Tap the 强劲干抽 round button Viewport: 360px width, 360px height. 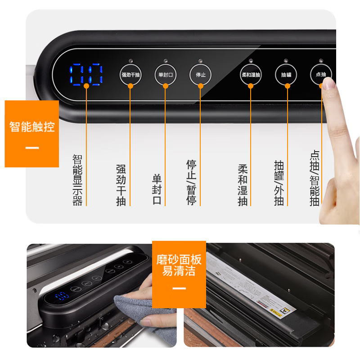tap(130, 75)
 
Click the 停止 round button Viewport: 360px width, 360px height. tap(201, 75)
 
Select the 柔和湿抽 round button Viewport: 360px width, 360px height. tap(251, 75)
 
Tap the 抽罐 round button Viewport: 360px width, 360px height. tap(286, 75)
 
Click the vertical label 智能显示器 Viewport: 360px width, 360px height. tap(77, 180)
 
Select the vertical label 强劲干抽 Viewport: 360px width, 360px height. tap(121, 185)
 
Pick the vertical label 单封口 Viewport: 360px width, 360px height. tap(157, 189)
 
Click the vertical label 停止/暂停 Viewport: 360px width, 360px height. tap(191, 182)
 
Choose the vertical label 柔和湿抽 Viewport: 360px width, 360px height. tap(243, 185)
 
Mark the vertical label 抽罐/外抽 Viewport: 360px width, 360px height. tap(279, 183)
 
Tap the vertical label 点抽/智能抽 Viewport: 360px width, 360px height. tap(315, 178)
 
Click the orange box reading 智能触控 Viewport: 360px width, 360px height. tap(32, 134)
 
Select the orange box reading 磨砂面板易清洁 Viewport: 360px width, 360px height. tap(179, 274)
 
